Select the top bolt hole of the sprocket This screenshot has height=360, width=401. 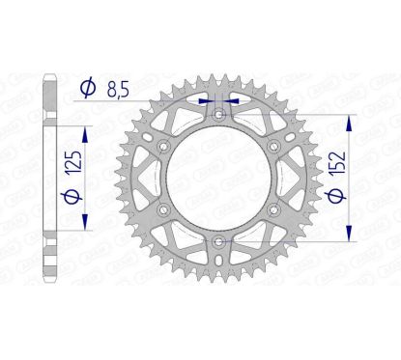point(219,114)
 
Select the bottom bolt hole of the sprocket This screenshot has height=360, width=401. point(219,240)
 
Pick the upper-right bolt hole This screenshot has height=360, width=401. point(274,146)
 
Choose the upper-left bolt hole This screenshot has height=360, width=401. point(164,146)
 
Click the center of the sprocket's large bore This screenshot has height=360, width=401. point(219,178)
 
